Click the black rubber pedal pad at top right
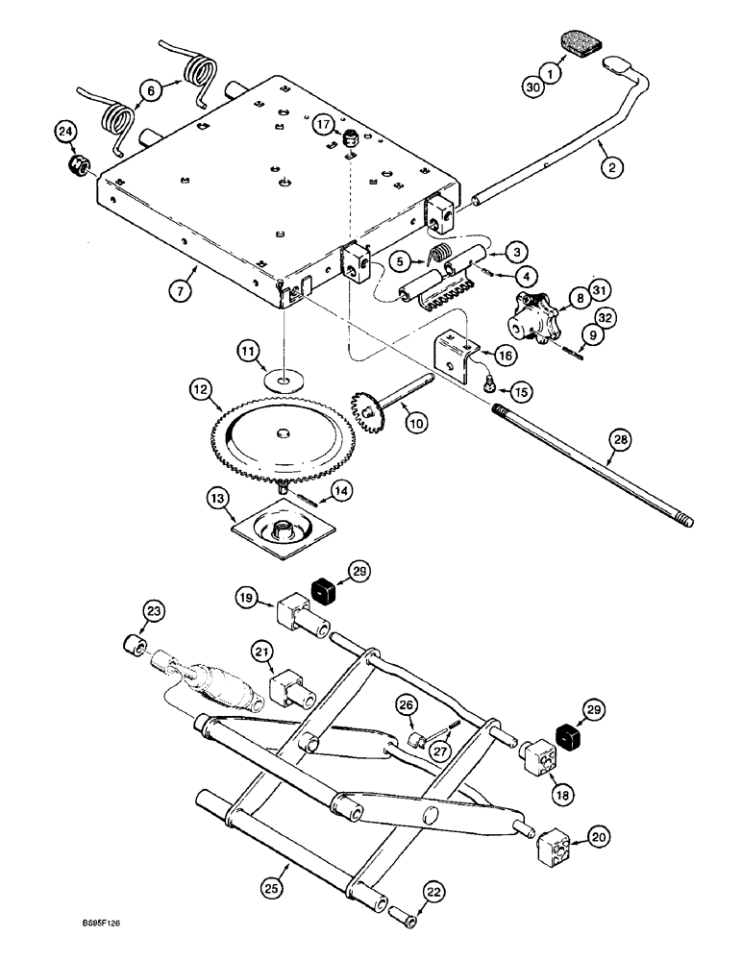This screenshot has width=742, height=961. (576, 44)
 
